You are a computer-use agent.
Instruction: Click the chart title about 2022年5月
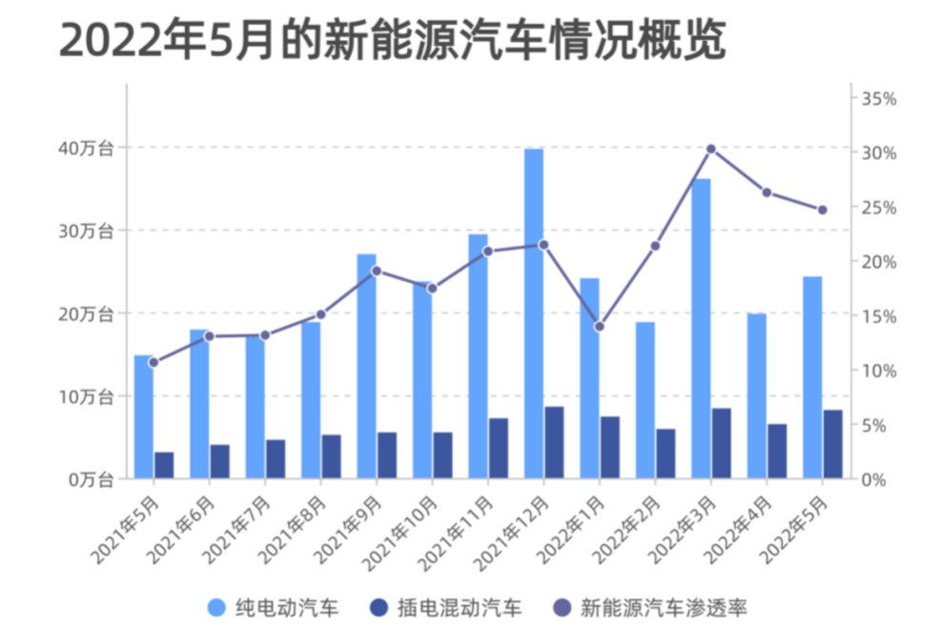pyautogui.click(x=393, y=42)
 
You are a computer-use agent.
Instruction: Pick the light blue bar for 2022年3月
pyautogui.click(x=701, y=328)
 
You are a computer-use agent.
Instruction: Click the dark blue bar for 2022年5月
pyautogui.click(x=832, y=444)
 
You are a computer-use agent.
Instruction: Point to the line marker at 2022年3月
pyautogui.click(x=711, y=149)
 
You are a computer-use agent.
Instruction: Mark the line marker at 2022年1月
pyautogui.click(x=600, y=327)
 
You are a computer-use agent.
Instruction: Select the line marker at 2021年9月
pyautogui.click(x=377, y=271)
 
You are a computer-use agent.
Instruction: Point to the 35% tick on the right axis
pyautogui.click(x=878, y=99)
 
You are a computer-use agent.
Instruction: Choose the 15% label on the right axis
pyautogui.click(x=878, y=316)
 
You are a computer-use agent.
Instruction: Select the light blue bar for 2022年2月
pyautogui.click(x=645, y=400)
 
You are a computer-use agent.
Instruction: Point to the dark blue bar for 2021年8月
pyautogui.click(x=331, y=456)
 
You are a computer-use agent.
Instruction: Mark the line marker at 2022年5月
pyautogui.click(x=823, y=210)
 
